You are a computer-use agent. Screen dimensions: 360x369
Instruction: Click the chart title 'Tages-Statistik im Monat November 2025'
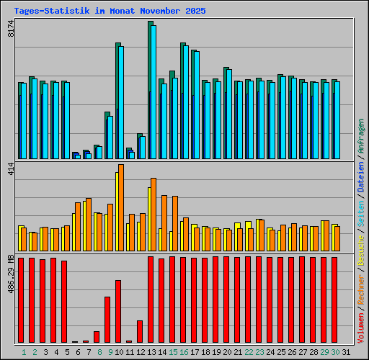[x=110, y=12]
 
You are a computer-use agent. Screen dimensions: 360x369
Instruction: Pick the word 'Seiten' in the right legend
[x=361, y=214]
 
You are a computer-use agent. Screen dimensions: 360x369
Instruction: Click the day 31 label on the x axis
[x=346, y=351]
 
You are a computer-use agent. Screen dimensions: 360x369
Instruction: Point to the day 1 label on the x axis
[x=24, y=351]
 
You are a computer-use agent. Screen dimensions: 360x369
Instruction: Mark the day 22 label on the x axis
[x=249, y=351]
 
